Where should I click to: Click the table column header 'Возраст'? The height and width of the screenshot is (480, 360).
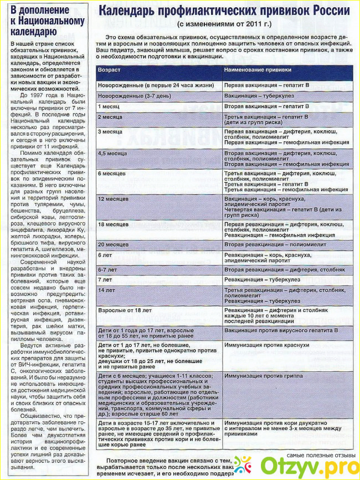(x=109, y=70)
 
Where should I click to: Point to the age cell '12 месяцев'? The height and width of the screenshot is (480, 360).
(x=114, y=198)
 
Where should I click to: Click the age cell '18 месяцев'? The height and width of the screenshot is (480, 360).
(x=114, y=224)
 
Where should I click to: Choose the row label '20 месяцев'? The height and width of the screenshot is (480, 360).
(x=114, y=244)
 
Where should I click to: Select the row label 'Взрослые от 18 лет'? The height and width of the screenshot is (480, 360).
(x=125, y=310)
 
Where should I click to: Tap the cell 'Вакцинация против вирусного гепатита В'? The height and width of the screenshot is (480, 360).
(x=281, y=330)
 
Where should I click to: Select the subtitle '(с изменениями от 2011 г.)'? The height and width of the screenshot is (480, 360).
(x=225, y=25)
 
